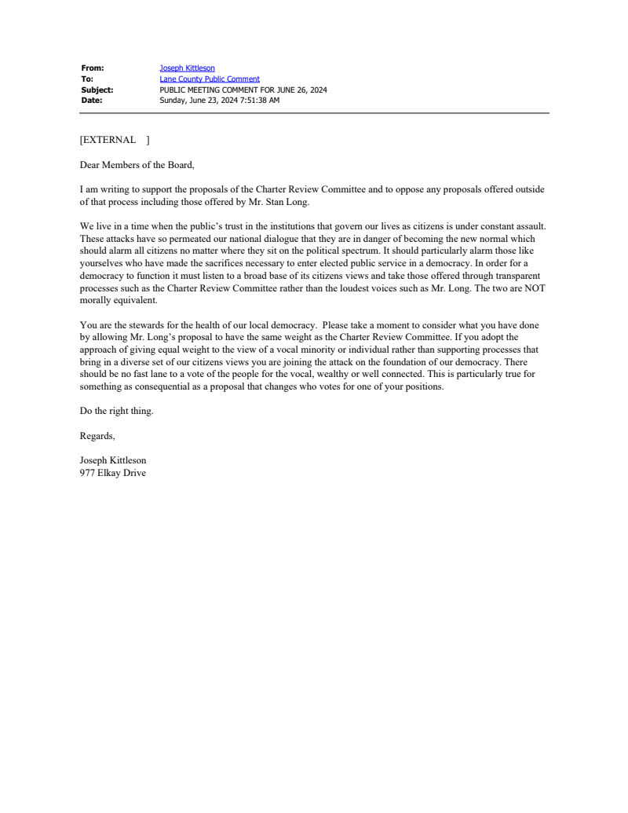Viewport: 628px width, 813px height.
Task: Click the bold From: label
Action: (x=93, y=68)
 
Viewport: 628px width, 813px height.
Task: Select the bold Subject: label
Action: (x=97, y=90)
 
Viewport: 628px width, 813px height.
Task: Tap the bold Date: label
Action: (x=92, y=100)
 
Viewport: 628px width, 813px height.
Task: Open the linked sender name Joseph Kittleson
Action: (x=187, y=68)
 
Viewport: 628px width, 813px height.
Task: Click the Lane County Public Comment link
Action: (x=210, y=79)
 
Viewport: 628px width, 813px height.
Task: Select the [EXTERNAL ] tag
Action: (x=115, y=140)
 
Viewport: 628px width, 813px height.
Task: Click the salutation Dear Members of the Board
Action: (x=137, y=165)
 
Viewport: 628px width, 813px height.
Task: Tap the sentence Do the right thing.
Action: (x=116, y=411)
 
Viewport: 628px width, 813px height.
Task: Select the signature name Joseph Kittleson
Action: (x=113, y=460)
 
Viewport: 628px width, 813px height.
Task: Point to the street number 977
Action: (x=87, y=473)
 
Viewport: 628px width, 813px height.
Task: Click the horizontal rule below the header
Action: (x=314, y=113)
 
